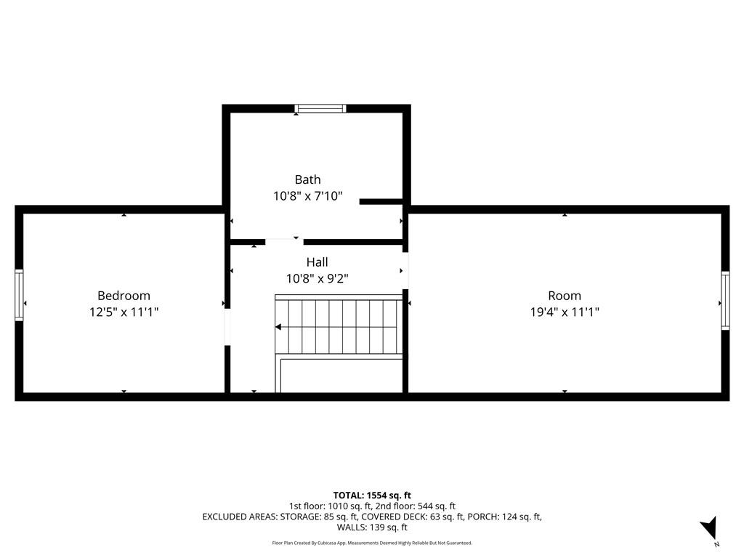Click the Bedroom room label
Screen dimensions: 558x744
coord(124,296)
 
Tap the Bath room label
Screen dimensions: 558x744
coord(307,179)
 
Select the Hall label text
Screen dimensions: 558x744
coord(317,262)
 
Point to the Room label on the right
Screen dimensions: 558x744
coord(565,296)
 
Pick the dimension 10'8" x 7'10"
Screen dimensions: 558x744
coord(307,196)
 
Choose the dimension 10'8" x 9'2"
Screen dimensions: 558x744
coord(317,278)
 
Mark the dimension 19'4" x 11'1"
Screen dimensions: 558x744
coord(565,312)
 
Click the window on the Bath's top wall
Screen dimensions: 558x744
coord(320,109)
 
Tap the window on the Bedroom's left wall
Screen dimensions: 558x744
coord(19,295)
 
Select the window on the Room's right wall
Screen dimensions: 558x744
coord(725,301)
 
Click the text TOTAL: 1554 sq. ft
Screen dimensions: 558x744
coord(372,495)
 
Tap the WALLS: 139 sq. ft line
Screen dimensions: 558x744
coord(372,527)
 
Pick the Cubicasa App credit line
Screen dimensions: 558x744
coord(372,543)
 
